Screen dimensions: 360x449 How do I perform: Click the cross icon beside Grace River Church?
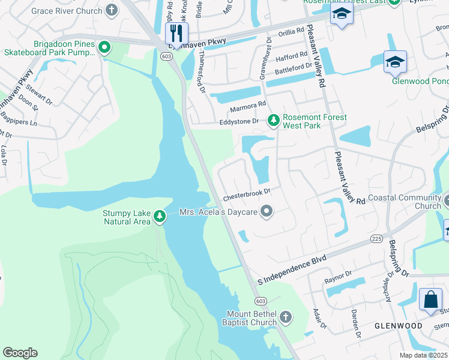pyautogui.click(x=112, y=10)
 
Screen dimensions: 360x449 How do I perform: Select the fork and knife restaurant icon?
pyautogui.click(x=176, y=32)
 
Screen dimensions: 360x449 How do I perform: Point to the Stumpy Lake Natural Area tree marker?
pyautogui.click(x=159, y=216)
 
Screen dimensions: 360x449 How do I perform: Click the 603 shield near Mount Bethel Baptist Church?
pyautogui.click(x=260, y=301)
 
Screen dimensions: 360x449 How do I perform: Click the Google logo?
pyautogui.click(x=20, y=353)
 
